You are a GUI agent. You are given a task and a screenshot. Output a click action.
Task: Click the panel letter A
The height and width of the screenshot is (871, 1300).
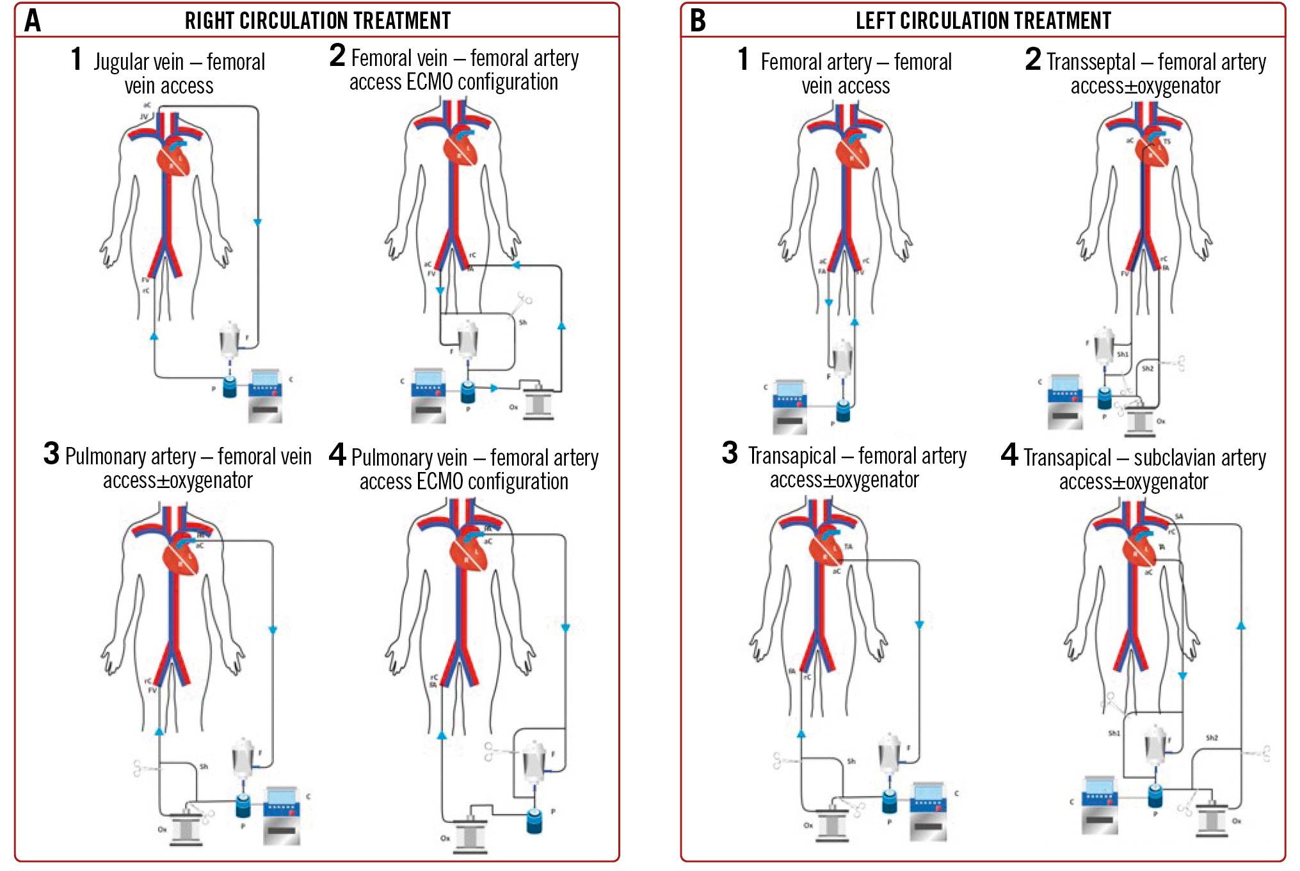point(33,20)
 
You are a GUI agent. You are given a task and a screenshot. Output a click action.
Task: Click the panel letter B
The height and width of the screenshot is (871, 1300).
point(698,20)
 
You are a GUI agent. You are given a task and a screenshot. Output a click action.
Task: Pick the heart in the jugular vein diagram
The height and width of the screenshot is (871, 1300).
point(174,158)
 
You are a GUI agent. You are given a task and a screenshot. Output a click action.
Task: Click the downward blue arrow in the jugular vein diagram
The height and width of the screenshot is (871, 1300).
point(257,222)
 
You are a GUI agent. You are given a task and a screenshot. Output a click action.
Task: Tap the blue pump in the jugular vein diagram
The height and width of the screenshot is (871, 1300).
point(230,386)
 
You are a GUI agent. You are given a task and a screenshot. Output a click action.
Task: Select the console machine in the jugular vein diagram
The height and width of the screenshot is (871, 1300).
point(265,395)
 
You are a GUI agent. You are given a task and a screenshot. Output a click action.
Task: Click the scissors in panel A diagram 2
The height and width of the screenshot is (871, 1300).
point(522,302)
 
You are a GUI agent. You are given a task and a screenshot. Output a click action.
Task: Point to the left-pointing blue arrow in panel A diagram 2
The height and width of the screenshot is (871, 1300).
point(516,265)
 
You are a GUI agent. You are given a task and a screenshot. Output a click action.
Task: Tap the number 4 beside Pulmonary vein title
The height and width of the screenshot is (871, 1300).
point(337,455)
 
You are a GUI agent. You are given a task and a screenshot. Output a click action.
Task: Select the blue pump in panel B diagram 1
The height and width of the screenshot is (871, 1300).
point(843,410)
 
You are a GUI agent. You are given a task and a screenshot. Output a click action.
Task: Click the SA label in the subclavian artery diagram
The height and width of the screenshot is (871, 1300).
point(1179,517)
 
